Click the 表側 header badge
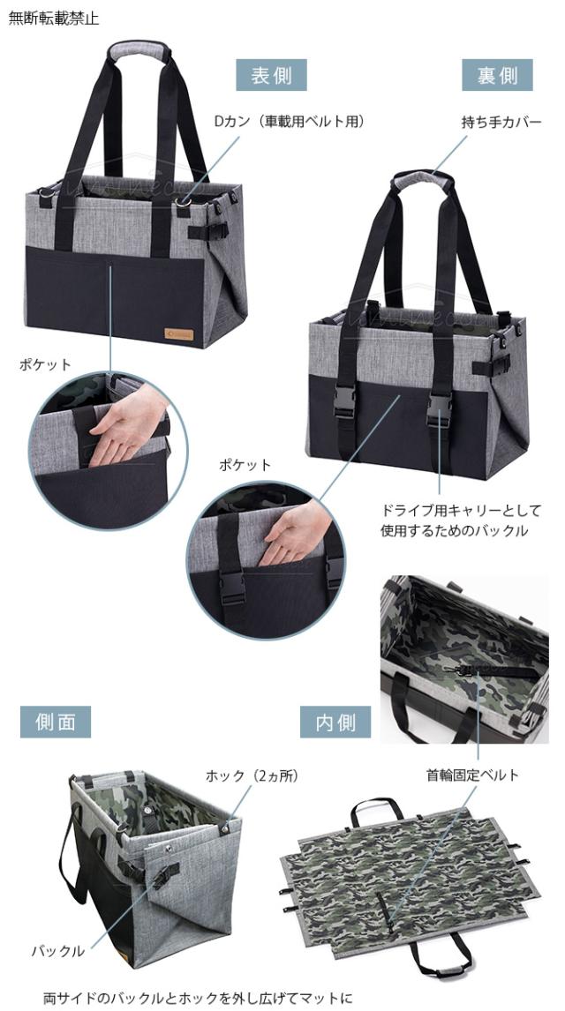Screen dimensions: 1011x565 tap(271, 75)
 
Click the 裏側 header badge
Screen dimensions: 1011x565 tap(497, 75)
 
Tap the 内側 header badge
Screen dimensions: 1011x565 tap(335, 722)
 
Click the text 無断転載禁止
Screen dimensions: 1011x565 tap(54, 19)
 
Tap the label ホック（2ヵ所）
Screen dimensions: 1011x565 tap(252, 775)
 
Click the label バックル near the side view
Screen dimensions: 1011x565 tap(58, 950)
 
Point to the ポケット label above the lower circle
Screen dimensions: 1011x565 tap(245, 464)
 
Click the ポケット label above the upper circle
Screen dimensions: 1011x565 tap(45, 364)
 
